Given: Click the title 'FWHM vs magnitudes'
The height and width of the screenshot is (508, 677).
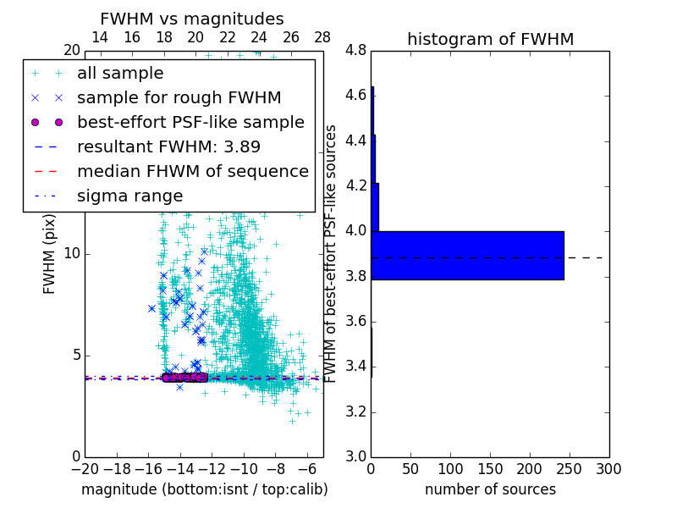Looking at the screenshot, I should tap(192, 19).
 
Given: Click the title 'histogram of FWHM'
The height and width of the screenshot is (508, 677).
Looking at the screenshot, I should tap(490, 39).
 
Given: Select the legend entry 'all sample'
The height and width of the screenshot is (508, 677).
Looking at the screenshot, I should tap(120, 74).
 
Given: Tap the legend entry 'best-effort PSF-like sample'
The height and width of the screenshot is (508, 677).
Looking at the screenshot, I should tap(190, 122).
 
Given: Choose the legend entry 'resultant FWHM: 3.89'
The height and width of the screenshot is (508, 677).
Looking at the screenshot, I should tap(168, 146).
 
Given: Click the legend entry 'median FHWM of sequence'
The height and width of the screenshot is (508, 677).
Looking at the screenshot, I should tap(192, 171).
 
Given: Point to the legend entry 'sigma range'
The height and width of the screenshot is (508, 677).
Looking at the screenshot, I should tap(129, 196).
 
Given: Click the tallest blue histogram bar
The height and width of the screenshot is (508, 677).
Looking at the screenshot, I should tap(467, 255).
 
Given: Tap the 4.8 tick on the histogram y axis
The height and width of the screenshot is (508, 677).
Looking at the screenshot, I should tap(355, 51).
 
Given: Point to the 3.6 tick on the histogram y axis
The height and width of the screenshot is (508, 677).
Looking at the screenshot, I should tap(355, 321).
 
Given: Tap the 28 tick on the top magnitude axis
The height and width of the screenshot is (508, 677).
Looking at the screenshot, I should tap(322, 38).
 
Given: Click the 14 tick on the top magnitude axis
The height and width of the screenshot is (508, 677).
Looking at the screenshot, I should tap(99, 38).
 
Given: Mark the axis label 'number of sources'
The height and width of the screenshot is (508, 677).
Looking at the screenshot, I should tap(490, 489).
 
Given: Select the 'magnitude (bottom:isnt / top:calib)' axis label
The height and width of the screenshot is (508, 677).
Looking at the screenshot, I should tap(204, 489).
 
